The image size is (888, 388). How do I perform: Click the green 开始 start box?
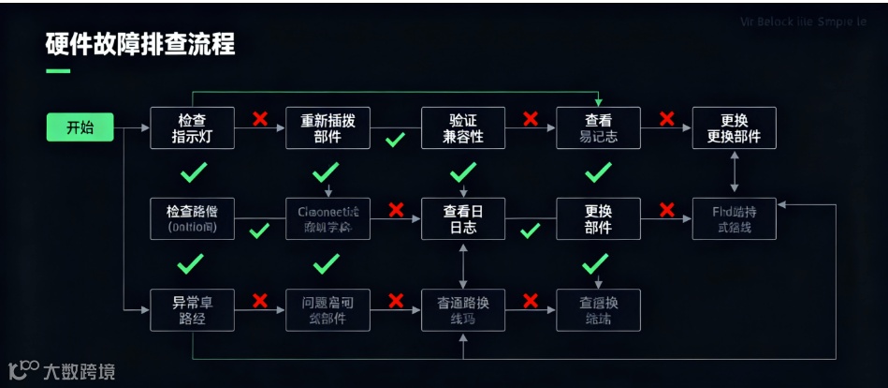pyautogui.click(x=80, y=127)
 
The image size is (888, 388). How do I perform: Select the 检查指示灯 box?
pyautogui.click(x=191, y=127)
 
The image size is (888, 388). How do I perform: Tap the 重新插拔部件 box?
pyautogui.click(x=328, y=127)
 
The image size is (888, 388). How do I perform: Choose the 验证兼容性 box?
pyautogui.click(x=463, y=127)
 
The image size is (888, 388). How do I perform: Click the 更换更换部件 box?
pyautogui.click(x=734, y=127)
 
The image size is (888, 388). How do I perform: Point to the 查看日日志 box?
pyautogui.click(x=463, y=218)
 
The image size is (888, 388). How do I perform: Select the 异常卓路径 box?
pyautogui.click(x=191, y=309)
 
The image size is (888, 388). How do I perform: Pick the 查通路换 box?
pyautogui.click(x=463, y=309)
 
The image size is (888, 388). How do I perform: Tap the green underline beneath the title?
pyautogui.click(x=58, y=70)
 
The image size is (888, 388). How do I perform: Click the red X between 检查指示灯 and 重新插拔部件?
pyautogui.click(x=260, y=119)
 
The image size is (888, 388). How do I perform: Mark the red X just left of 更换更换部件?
pyautogui.click(x=666, y=119)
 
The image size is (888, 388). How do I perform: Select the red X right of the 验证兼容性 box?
pyautogui.click(x=531, y=119)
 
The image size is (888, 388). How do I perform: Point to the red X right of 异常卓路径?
pyautogui.click(x=260, y=301)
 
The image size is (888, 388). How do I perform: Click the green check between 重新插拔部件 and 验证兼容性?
pyautogui.click(x=395, y=140)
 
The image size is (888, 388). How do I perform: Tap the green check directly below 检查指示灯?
pyautogui.click(x=193, y=172)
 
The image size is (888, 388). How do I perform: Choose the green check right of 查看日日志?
pyautogui.click(x=531, y=231)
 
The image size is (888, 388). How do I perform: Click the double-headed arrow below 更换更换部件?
pyautogui.click(x=734, y=172)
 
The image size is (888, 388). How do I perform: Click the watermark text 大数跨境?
pyautogui.click(x=79, y=372)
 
